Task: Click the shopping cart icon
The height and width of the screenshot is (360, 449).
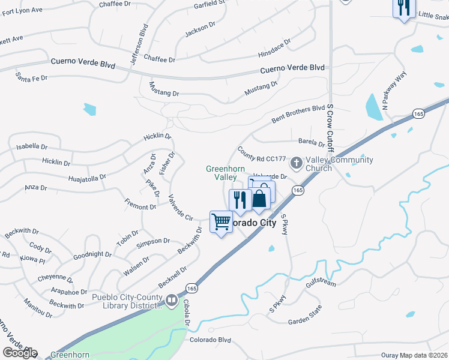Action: click(x=221, y=222)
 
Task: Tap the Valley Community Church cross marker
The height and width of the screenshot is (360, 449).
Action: click(x=297, y=163)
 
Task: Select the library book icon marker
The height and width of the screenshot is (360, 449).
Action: click(x=172, y=299)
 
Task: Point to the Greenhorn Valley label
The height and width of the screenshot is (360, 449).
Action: click(x=222, y=173)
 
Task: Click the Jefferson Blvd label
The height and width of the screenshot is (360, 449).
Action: click(x=143, y=40)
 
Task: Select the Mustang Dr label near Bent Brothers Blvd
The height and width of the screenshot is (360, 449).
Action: click(x=261, y=89)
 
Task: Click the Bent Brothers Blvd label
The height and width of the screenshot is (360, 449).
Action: click(x=298, y=112)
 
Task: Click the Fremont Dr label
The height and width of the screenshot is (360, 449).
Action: click(x=140, y=207)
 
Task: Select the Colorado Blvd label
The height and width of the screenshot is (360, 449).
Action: click(x=210, y=340)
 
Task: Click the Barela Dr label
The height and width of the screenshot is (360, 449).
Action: click(x=312, y=143)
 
